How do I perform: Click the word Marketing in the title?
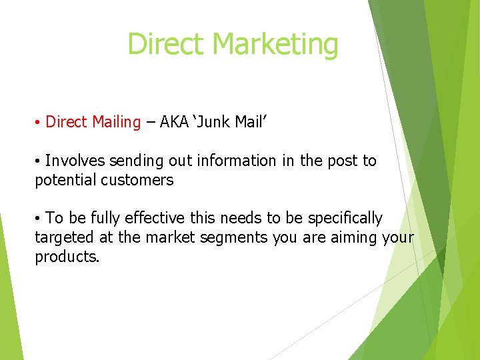[x=275, y=45]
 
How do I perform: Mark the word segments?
[x=236, y=238]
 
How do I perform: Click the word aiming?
[x=354, y=238]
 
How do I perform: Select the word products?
[x=67, y=257]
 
